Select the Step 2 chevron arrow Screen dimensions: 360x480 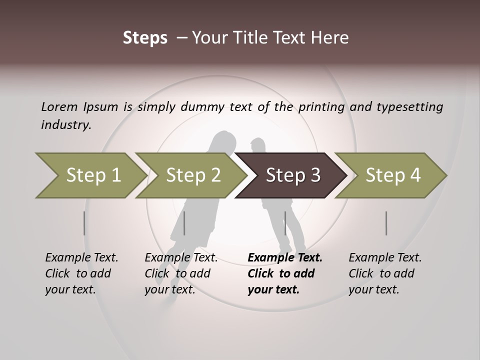point(192,175)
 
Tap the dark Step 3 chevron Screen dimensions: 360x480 point(292,175)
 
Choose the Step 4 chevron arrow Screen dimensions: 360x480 point(392,175)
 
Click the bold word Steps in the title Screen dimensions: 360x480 point(145,38)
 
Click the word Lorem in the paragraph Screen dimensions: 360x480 point(59,106)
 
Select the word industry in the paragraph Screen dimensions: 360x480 point(65,125)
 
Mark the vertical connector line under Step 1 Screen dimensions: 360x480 point(84,223)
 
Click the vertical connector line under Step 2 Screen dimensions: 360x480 point(184,223)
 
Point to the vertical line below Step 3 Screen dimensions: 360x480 point(285,223)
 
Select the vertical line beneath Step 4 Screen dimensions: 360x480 point(386,223)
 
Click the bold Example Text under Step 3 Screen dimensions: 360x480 point(285,257)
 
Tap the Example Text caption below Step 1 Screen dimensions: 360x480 point(81,257)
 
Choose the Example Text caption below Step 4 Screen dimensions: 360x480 point(385,257)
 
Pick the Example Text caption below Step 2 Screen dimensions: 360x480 point(181,257)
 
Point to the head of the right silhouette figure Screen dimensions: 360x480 point(258,146)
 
